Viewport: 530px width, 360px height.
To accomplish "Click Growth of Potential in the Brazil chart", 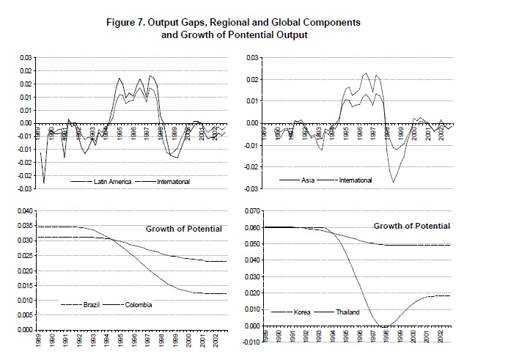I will [183, 229].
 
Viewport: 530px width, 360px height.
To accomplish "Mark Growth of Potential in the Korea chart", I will [412, 225].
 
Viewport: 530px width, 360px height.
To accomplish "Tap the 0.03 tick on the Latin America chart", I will [26, 57].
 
